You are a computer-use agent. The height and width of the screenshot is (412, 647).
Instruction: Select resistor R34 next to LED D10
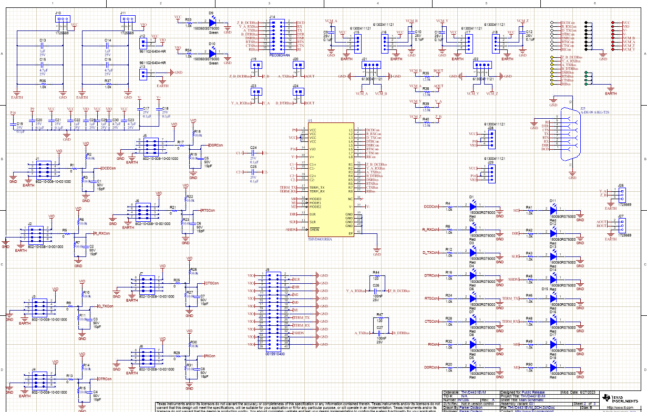point(189,54)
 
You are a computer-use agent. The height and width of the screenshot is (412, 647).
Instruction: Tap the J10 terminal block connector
point(63,20)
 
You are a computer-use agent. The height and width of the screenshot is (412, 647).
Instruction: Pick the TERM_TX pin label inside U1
point(316,188)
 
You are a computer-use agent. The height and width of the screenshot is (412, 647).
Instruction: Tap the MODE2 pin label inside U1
point(315,207)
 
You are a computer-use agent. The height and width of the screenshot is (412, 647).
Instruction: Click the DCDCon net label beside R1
point(108,168)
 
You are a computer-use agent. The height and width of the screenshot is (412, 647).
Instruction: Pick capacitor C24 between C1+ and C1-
point(253,153)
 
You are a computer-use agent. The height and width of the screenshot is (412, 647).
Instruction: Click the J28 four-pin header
point(490,138)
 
